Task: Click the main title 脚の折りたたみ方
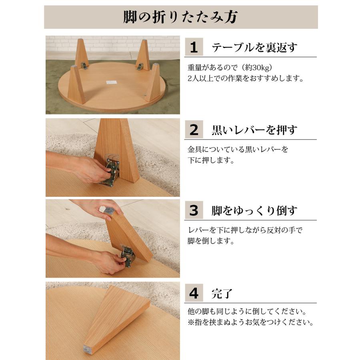click(x=181, y=17)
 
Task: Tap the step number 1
click(x=194, y=48)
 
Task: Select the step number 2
click(x=194, y=130)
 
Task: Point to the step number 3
click(x=194, y=211)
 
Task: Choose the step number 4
click(x=194, y=294)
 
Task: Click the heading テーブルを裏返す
click(x=254, y=48)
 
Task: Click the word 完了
click(x=222, y=294)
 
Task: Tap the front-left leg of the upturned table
click(x=76, y=85)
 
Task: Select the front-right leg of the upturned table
click(x=153, y=83)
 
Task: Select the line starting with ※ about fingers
click(x=250, y=322)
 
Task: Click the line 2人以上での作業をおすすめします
click(x=245, y=78)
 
